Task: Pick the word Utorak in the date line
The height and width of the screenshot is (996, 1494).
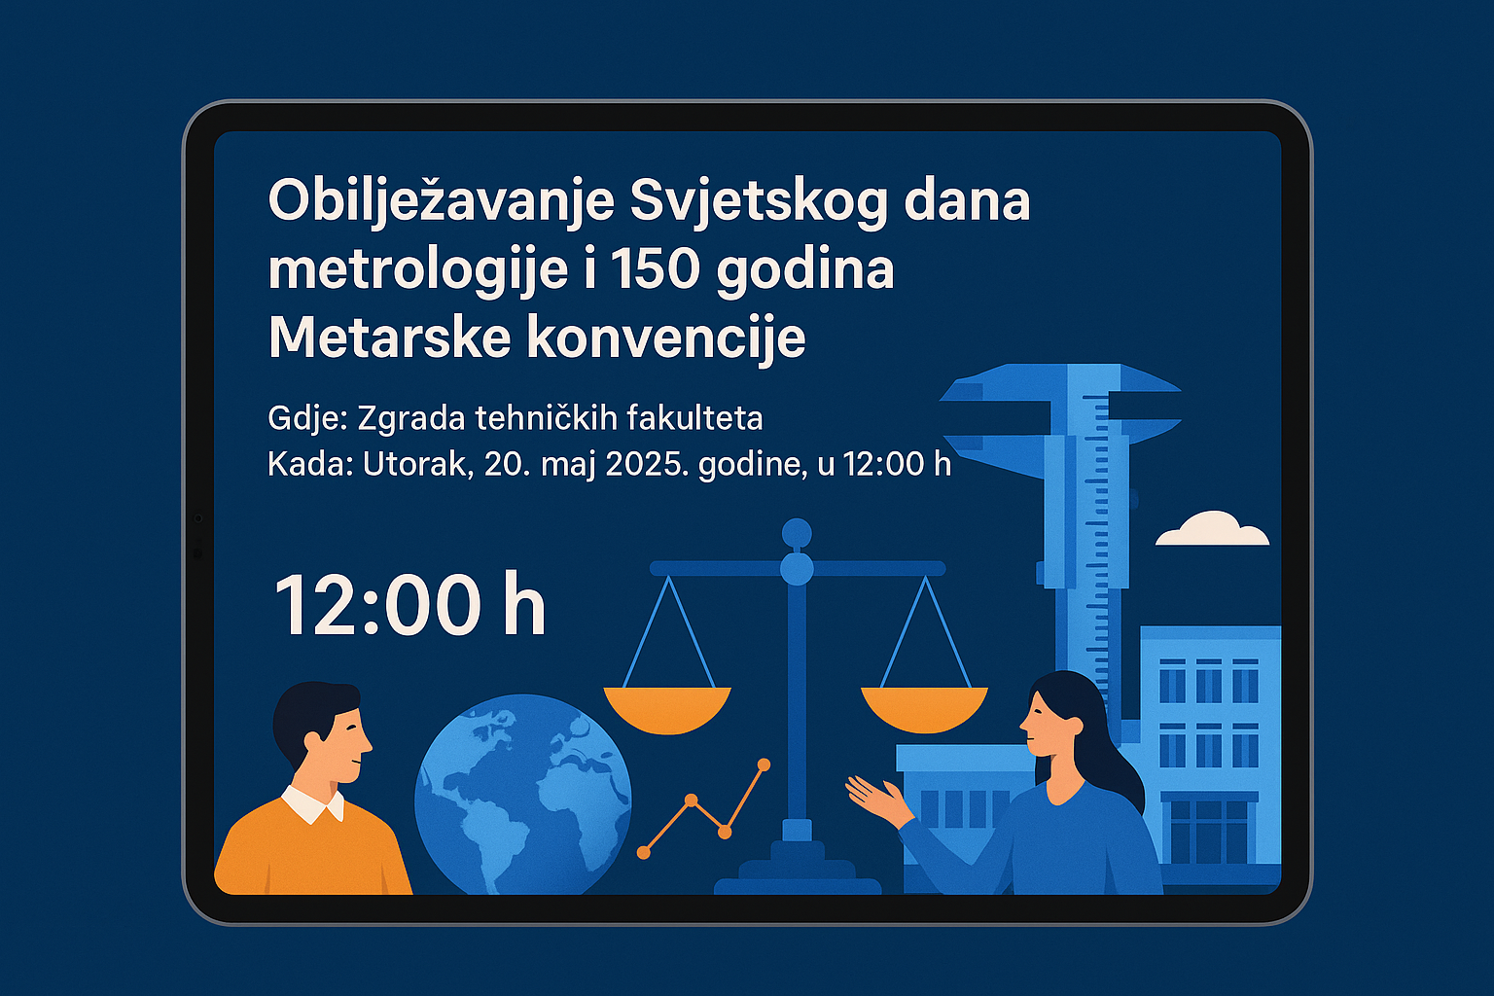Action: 417,464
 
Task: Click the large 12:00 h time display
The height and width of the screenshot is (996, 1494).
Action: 409,605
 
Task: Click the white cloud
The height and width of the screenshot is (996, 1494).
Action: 1212,529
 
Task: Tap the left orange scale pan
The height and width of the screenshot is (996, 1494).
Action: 667,710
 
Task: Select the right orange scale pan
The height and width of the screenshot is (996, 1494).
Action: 924,710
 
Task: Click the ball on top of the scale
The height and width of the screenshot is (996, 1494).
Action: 797,533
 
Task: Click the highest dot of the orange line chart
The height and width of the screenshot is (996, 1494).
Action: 765,765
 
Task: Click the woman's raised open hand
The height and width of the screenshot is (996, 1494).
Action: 877,799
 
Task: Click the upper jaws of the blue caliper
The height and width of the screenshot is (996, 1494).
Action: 1060,387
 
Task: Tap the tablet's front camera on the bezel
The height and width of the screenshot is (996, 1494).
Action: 197,518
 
